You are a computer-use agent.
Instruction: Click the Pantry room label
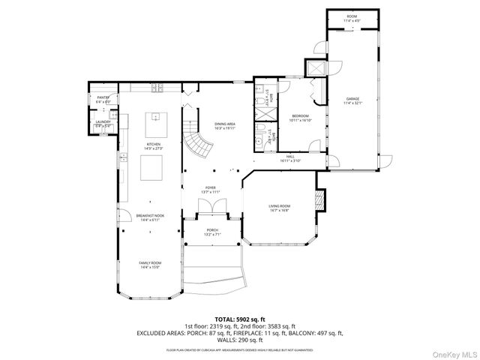[103, 99]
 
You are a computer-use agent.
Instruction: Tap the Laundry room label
[103, 124]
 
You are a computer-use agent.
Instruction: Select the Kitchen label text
[154, 145]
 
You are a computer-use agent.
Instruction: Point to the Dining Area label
[225, 126]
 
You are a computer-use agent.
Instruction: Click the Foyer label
[211, 190]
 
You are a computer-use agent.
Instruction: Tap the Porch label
[212, 232]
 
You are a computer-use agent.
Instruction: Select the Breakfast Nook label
[151, 217]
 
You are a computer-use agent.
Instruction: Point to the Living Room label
[280, 208]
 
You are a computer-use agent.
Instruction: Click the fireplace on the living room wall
[319, 199]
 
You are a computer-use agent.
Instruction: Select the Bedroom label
[299, 117]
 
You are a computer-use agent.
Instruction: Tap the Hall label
[290, 158]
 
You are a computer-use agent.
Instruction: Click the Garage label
[352, 101]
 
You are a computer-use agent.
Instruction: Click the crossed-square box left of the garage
[318, 68]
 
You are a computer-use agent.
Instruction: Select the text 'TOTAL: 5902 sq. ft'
[239, 319]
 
